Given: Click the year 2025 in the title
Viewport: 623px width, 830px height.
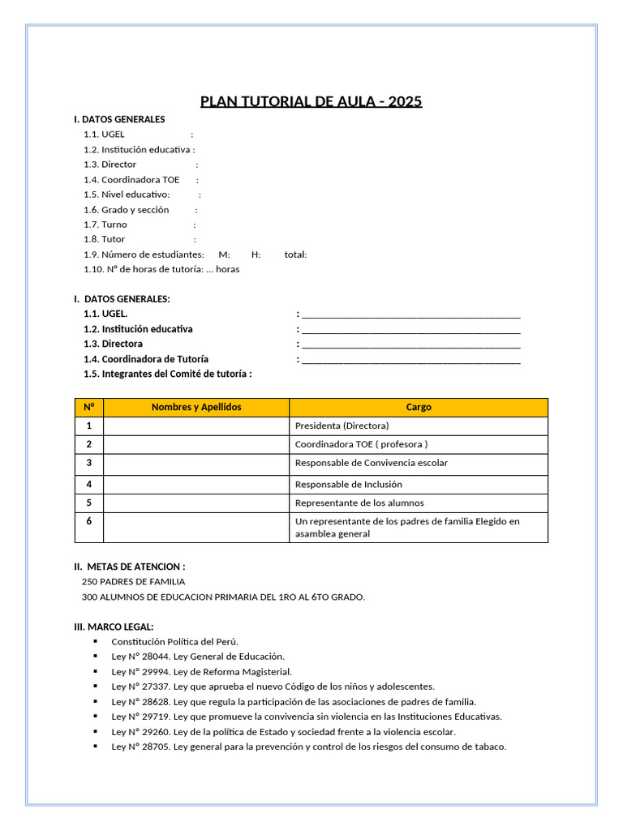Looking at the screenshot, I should [x=405, y=101].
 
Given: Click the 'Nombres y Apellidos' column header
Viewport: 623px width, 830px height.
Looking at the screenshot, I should [x=196, y=407].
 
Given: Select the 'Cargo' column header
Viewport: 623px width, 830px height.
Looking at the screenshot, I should [x=419, y=407].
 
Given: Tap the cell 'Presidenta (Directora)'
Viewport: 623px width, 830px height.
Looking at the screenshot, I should [x=342, y=426].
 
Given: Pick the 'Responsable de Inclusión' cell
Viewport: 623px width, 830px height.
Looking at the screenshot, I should [x=348, y=484].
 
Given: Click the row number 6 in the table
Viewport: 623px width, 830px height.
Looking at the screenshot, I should [x=89, y=521].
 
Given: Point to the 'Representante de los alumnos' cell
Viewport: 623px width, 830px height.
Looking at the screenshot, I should [x=359, y=503].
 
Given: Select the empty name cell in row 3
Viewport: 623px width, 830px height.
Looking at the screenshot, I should [x=196, y=463].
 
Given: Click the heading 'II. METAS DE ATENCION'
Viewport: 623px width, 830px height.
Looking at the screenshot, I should [x=130, y=567].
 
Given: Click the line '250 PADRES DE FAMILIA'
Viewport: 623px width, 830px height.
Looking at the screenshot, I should [x=133, y=581].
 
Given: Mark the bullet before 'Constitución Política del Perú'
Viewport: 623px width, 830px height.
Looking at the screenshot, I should [x=96, y=642].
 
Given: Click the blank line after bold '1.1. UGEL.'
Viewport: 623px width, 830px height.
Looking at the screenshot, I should [x=410, y=314].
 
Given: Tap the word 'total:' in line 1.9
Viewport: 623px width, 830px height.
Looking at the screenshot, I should [x=295, y=255].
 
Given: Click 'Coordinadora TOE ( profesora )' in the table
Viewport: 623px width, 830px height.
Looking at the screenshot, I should [x=361, y=444].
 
